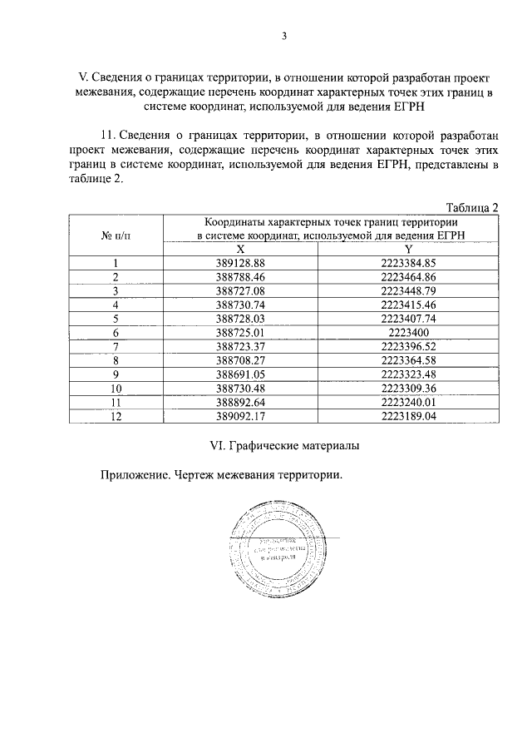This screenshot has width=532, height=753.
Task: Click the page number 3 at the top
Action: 283,36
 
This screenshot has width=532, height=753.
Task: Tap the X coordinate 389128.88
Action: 239,263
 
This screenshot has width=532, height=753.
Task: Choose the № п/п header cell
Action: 116,235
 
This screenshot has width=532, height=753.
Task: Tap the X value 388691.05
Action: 239,374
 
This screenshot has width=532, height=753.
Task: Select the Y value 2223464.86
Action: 408,276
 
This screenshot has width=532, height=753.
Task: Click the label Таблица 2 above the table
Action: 472,207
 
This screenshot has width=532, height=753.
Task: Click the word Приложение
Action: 135,476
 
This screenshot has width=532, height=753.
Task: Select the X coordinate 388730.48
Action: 239,388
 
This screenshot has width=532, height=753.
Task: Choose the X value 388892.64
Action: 239,403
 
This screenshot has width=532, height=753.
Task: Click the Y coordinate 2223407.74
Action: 408,317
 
